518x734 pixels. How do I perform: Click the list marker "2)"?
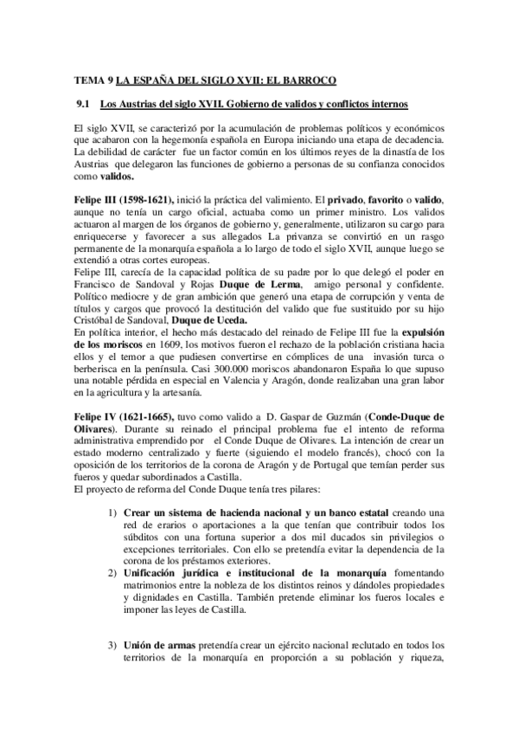coord(112,576)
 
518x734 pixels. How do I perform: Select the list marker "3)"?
coord(112,644)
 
